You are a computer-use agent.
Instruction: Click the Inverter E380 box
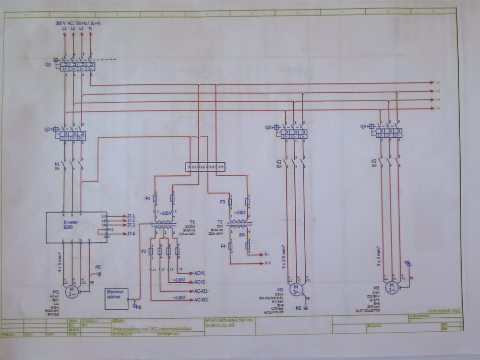click(x=76, y=226)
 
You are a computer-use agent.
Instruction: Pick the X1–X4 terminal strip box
click(x=205, y=167)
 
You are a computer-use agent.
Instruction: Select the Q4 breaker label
click(x=364, y=127)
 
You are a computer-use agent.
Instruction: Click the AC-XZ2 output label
click(x=201, y=300)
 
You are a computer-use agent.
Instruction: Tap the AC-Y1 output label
click(x=199, y=273)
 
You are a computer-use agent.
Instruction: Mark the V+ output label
click(x=268, y=264)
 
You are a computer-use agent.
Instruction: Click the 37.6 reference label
click(x=131, y=234)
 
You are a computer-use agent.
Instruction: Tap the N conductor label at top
click(x=90, y=30)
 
